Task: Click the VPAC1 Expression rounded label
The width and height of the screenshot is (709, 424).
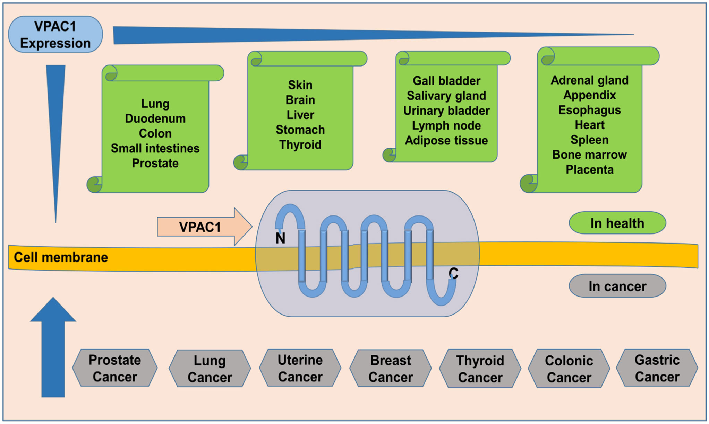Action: point(55,35)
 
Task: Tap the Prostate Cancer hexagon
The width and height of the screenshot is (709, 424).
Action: point(115,368)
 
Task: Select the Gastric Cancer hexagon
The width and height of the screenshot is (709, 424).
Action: point(657,368)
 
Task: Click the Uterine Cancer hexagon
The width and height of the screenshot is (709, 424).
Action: point(300,368)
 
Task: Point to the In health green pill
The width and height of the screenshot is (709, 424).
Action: point(617,223)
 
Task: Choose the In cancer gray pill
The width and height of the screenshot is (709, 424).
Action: point(617,286)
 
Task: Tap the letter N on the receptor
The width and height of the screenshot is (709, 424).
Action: point(280,238)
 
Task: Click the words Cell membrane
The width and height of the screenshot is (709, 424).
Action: point(61,257)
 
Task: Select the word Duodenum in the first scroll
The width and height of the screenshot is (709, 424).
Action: point(155,118)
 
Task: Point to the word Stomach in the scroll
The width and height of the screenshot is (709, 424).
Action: point(300,130)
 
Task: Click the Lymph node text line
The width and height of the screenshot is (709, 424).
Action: point(446,125)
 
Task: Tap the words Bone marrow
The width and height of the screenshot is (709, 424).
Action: point(589,154)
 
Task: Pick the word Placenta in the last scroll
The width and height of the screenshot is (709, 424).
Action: point(589,169)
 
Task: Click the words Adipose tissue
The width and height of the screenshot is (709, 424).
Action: point(446,140)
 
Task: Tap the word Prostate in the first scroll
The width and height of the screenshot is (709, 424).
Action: point(155,163)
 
